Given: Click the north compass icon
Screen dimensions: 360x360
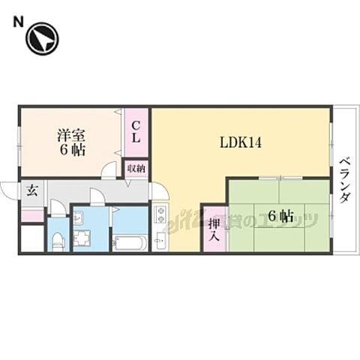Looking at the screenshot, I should pyautogui.click(x=42, y=40).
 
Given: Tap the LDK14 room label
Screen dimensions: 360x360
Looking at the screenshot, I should pyautogui.click(x=240, y=142).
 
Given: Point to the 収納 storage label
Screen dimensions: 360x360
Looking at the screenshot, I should pyautogui.click(x=136, y=168).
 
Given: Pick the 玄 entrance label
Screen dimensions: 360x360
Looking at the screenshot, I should pyautogui.click(x=33, y=190).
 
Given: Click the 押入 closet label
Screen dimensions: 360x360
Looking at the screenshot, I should pyautogui.click(x=212, y=228).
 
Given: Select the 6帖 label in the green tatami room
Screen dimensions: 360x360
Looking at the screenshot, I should pyautogui.click(x=280, y=216).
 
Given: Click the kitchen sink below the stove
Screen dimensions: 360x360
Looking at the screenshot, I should pyautogui.click(x=160, y=241).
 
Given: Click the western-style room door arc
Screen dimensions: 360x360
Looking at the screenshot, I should pyautogui.click(x=109, y=170).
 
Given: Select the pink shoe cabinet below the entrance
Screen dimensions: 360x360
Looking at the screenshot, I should pyautogui.click(x=31, y=216).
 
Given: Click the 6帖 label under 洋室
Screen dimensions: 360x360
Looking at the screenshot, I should pyautogui.click(x=72, y=149).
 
